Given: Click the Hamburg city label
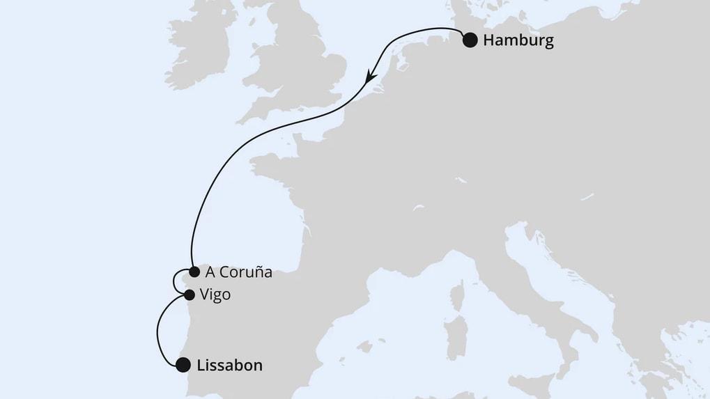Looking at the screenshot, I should [518, 40].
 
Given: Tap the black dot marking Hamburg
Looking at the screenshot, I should [470, 40].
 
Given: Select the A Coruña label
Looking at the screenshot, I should [239, 272].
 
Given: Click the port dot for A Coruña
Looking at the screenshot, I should [194, 272].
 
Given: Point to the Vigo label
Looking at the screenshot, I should [215, 295].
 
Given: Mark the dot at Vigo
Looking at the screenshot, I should [189, 295].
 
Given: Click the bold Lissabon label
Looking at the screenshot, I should [230, 365].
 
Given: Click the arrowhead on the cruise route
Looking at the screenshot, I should [372, 70].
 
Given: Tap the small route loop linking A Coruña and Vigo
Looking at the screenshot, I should [174, 281].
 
